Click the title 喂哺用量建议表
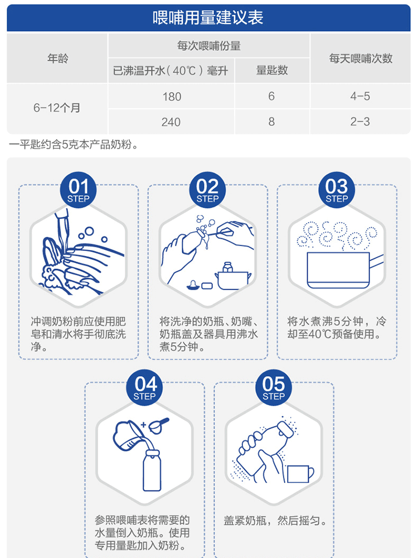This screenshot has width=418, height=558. (208, 18)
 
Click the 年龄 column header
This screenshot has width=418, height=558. (57, 59)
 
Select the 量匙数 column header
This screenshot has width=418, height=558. (272, 70)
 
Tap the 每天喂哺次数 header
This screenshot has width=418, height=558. (361, 59)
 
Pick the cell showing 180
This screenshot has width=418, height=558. (172, 97)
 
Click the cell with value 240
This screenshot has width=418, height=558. (171, 122)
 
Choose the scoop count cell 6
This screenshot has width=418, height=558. (271, 96)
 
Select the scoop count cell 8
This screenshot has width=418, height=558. (271, 122)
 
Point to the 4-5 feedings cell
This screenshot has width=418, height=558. (360, 96)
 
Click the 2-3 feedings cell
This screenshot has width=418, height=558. (360, 122)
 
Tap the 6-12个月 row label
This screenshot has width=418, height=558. (57, 108)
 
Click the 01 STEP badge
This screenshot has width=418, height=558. (78, 190)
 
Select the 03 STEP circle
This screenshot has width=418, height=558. (337, 190)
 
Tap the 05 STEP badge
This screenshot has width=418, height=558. (273, 388)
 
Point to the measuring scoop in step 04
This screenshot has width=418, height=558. (158, 425)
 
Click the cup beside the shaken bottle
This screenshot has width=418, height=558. (300, 474)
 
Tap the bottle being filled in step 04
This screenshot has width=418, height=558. (152, 470)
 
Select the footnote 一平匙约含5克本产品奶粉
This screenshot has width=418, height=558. (74, 145)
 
